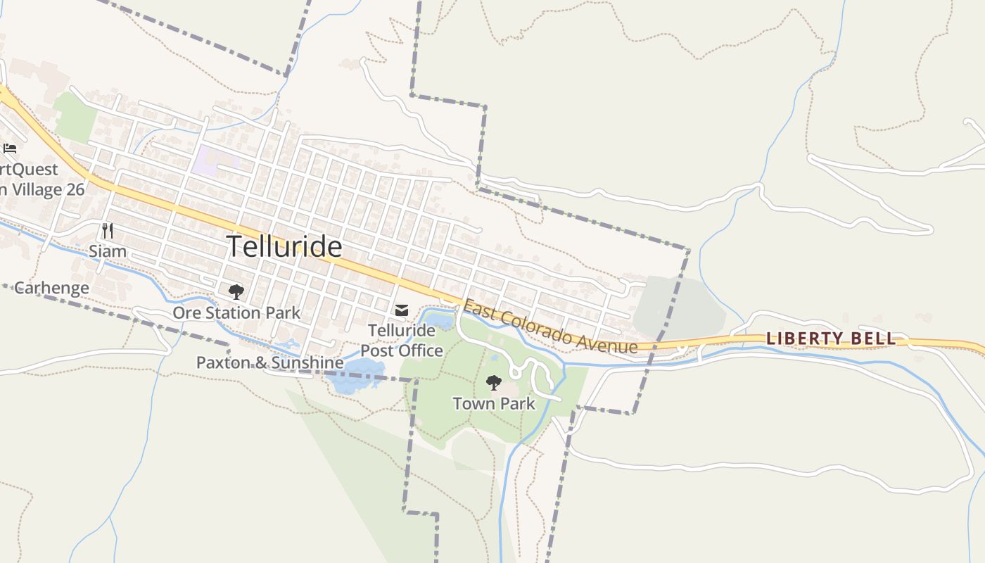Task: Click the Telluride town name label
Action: pos(284,247)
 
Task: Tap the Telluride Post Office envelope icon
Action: pos(402,310)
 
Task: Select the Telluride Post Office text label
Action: pos(402,341)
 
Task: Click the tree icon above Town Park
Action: pos(494,383)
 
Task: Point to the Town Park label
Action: pos(494,404)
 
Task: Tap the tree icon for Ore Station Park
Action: pos(236,291)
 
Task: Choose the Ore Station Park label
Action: pos(236,312)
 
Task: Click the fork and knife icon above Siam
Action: pos(108,230)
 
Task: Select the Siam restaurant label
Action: pos(108,251)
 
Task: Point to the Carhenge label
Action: pos(51,288)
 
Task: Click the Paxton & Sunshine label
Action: pos(269,362)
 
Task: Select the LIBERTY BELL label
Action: pos(831,339)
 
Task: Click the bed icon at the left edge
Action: pos(10,148)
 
